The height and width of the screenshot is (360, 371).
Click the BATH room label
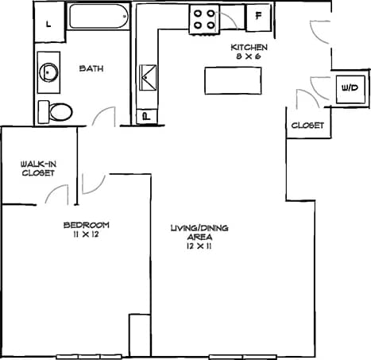[91, 69]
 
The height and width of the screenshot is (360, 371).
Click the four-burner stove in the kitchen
[203, 19]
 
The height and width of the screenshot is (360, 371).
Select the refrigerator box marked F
[259, 16]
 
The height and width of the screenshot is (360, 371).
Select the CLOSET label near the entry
[306, 126]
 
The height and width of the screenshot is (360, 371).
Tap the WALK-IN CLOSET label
[38, 168]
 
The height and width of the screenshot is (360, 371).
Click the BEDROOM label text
[86, 225]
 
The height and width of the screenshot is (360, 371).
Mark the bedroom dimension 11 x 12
[86, 234]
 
